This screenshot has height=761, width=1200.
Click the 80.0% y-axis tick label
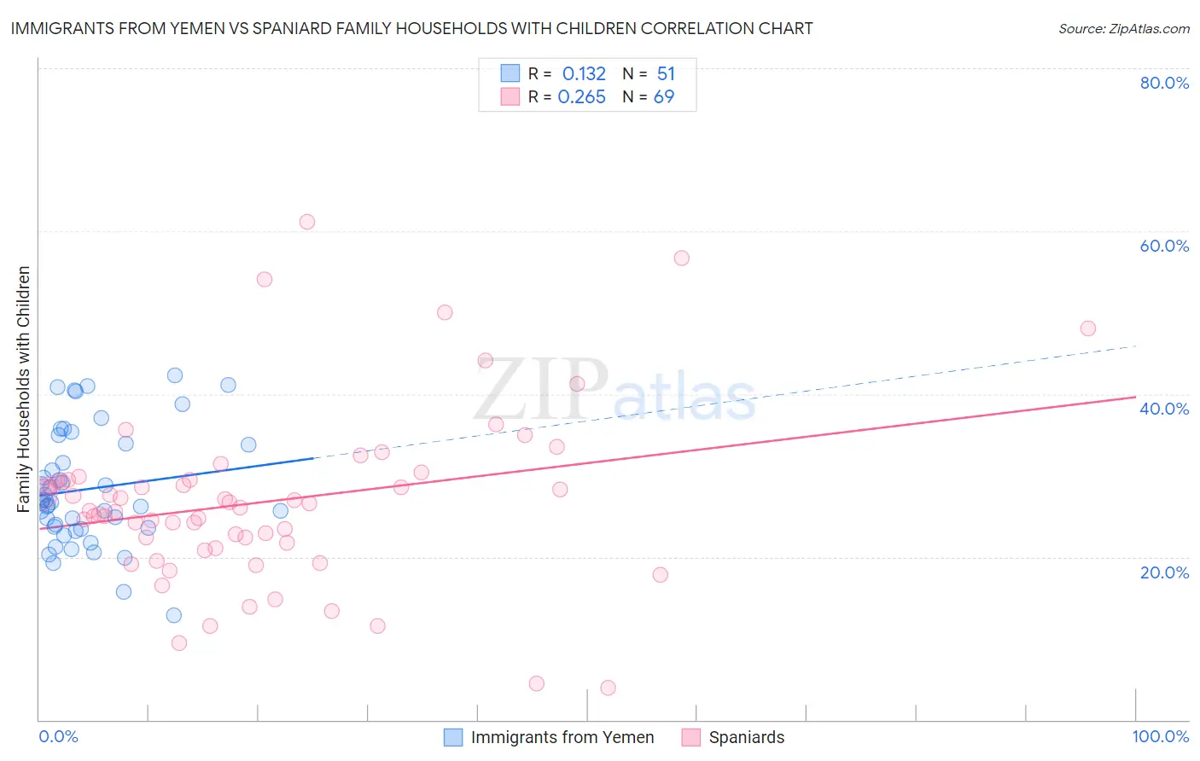pyautogui.click(x=1164, y=83)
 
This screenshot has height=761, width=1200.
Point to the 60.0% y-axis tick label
pyautogui.click(x=1164, y=246)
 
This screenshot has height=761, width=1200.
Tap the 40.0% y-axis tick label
pyautogui.click(x=1164, y=409)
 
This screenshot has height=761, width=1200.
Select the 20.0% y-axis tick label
pyautogui.click(x=1164, y=572)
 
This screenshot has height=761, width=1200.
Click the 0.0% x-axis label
pyautogui.click(x=58, y=736)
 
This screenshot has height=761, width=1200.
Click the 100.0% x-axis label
pyautogui.click(x=1161, y=736)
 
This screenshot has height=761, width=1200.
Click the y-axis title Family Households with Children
pyautogui.click(x=24, y=389)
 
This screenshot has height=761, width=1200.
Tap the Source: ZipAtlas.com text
pyautogui.click(x=1123, y=28)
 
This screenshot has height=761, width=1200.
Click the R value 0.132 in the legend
pyautogui.click(x=584, y=73)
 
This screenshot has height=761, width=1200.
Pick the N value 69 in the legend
pyautogui.click(x=664, y=96)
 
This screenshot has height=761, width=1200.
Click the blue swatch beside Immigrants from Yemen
pyautogui.click(x=453, y=737)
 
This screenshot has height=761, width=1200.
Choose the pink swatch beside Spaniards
pyautogui.click(x=691, y=737)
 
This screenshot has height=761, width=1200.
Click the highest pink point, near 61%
pyautogui.click(x=307, y=222)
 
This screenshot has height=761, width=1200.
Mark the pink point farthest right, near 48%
pyautogui.click(x=1087, y=328)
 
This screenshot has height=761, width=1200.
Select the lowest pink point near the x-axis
pyautogui.click(x=608, y=688)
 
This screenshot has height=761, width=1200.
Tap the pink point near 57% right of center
pyautogui.click(x=681, y=258)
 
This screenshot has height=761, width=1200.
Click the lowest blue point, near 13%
pyautogui.click(x=173, y=615)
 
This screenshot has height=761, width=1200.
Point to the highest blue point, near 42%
pyautogui.click(x=175, y=375)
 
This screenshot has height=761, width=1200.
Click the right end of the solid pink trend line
pyautogui.click(x=1135, y=397)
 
